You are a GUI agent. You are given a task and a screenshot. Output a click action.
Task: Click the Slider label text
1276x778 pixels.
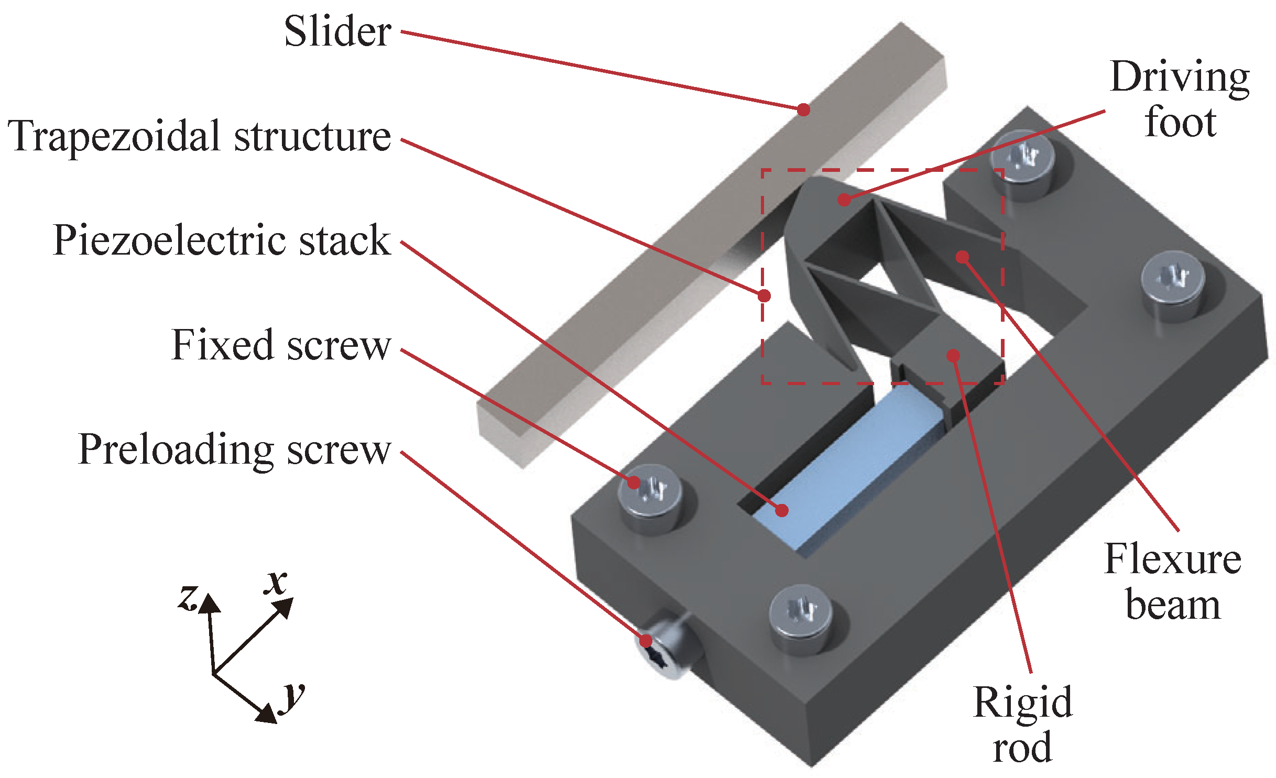tap(337, 31)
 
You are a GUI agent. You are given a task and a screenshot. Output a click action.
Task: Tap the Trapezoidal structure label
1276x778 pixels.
tap(199, 136)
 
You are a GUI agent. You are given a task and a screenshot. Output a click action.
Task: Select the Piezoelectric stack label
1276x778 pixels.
tap(222, 240)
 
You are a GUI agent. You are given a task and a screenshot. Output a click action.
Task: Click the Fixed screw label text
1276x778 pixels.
tap(281, 345)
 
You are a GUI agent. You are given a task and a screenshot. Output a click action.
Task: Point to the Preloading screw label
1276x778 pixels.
tap(234, 450)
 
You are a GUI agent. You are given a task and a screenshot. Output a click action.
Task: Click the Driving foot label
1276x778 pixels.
tap(1180, 100)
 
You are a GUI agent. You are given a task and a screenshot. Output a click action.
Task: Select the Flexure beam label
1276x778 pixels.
tap(1173, 582)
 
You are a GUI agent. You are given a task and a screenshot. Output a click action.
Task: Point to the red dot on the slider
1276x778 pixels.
tap(803, 109)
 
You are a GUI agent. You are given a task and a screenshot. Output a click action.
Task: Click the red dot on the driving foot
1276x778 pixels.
tap(844, 200)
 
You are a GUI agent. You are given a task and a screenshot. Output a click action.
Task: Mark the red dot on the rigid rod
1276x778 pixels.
tap(953, 356)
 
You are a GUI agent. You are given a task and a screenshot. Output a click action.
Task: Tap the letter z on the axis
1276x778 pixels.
tap(188, 597)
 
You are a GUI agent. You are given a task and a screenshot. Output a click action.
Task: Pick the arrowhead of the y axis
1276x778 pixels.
tap(267, 715)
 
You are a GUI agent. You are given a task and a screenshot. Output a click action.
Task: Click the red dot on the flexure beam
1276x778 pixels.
tap(962, 257)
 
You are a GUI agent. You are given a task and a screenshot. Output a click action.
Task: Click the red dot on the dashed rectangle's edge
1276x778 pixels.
tap(765, 296)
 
